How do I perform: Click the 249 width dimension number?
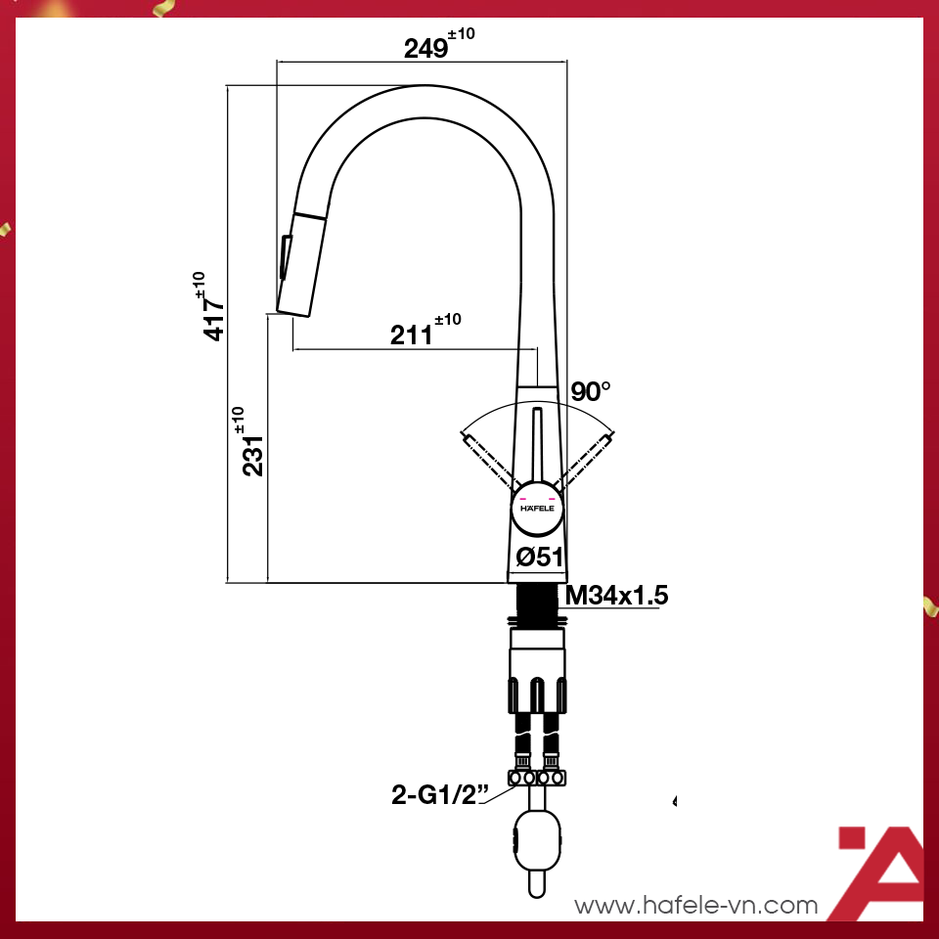[426, 47]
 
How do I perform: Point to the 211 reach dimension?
[412, 335]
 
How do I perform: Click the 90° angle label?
[591, 392]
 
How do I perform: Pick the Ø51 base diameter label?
[539, 558]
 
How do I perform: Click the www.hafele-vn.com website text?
[695, 906]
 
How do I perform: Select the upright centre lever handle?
[537, 445]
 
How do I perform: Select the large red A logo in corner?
[880, 871]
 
